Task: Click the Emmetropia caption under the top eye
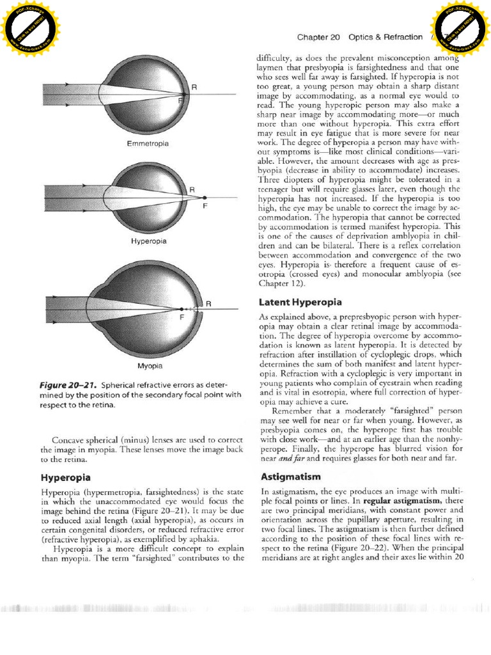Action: pyautogui.click(x=148, y=144)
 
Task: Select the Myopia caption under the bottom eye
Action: pyautogui.click(x=151, y=367)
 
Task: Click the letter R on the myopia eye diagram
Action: pyautogui.click(x=208, y=303)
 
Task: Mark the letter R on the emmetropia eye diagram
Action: pyautogui.click(x=185, y=86)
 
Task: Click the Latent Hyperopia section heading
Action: pyautogui.click(x=300, y=301)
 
